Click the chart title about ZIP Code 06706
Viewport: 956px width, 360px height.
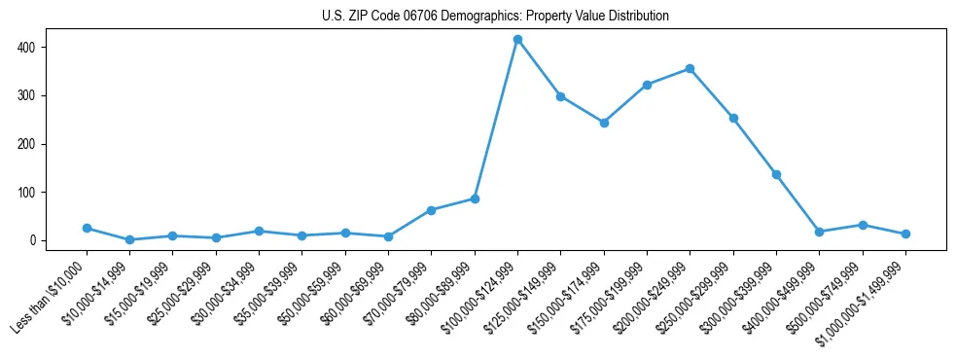(495, 16)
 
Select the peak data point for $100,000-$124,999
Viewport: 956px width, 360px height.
(517, 40)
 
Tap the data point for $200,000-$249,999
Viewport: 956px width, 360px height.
(690, 68)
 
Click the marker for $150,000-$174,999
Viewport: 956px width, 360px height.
(604, 123)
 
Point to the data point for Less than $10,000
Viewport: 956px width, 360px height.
(87, 228)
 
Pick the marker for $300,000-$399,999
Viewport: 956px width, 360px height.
(776, 174)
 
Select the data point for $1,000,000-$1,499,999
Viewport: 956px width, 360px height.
(905, 234)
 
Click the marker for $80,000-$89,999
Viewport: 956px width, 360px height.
(475, 198)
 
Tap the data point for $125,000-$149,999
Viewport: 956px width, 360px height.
(561, 96)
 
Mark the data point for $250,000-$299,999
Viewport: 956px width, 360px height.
(733, 118)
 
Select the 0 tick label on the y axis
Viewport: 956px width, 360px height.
(34, 240)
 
